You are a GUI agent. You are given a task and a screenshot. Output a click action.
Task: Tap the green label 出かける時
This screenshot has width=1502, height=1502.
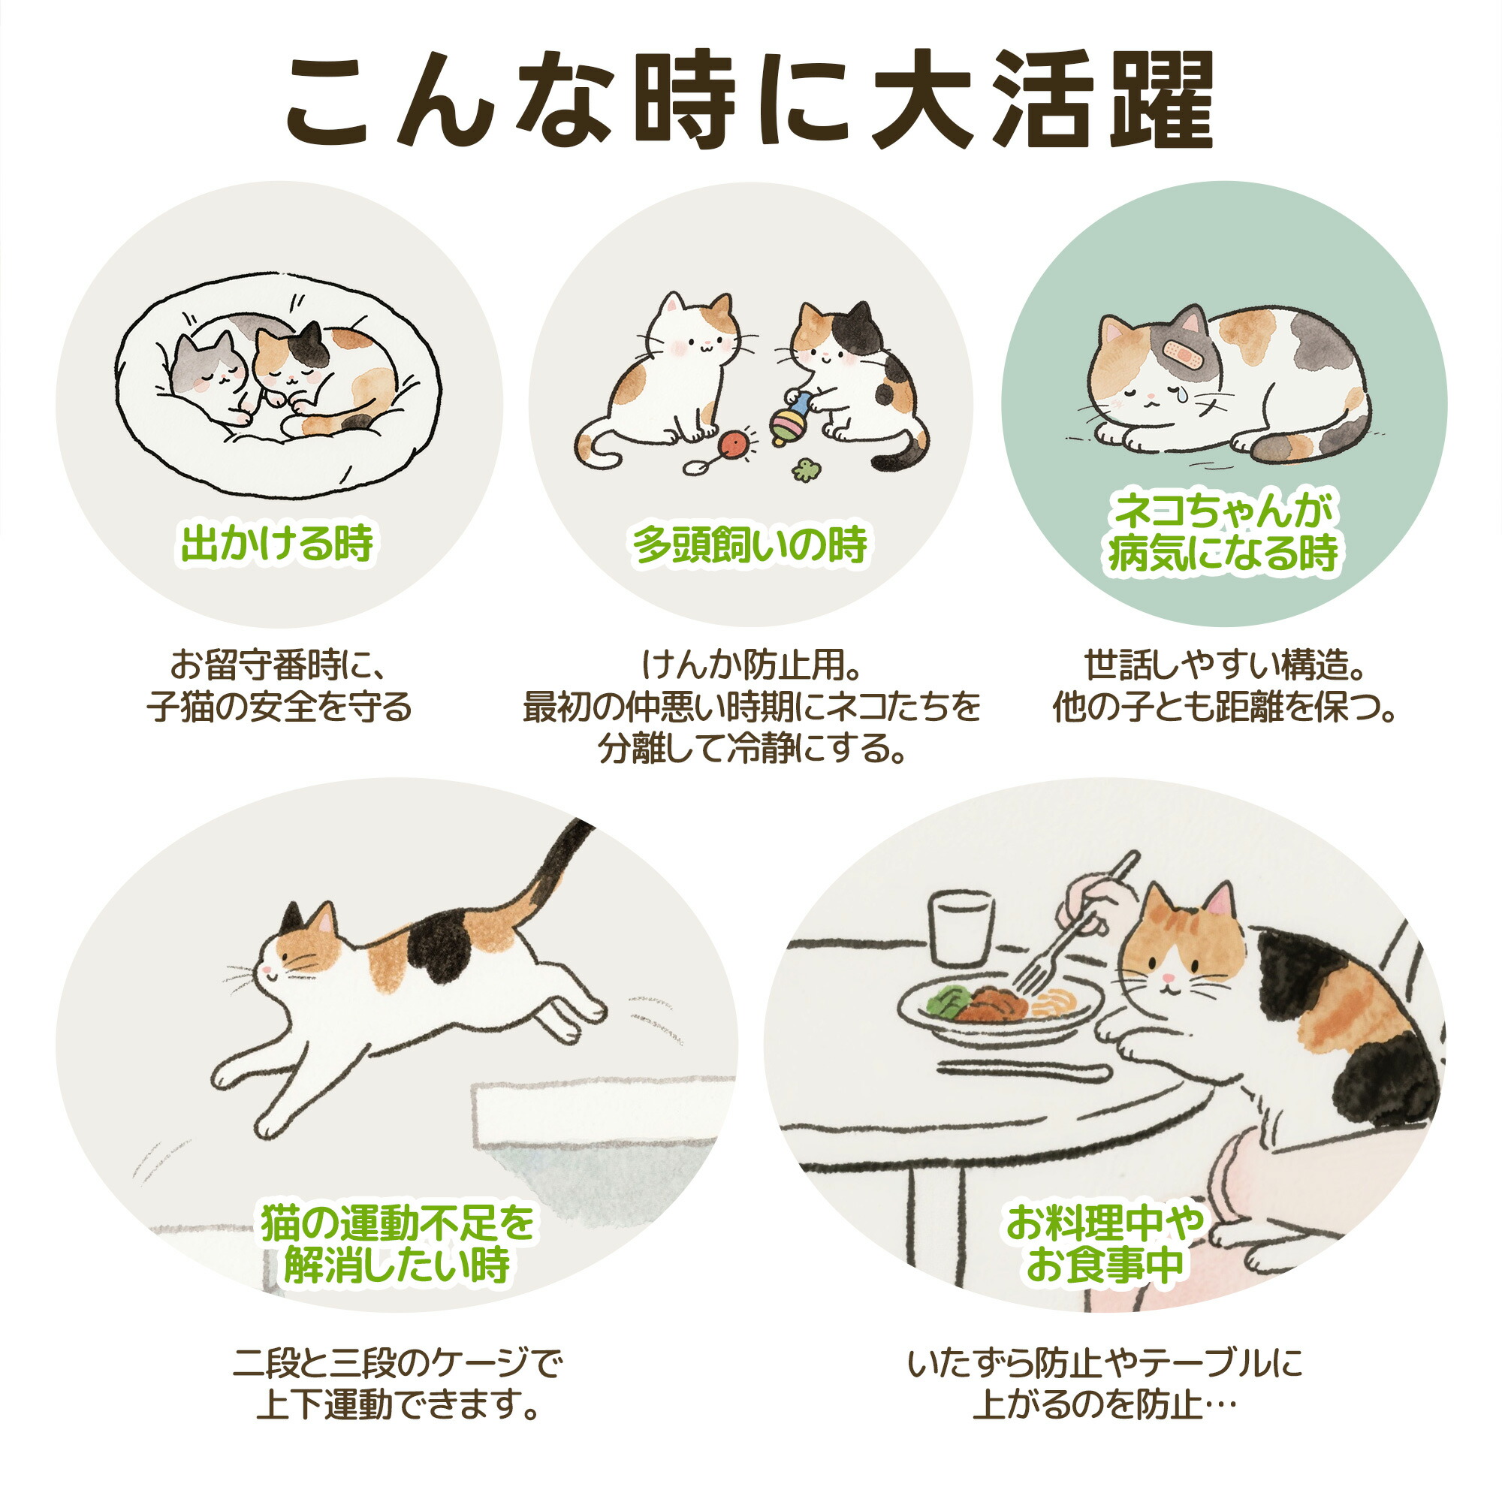(278, 544)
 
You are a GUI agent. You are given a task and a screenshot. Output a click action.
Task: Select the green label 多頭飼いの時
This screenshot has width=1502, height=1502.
(750, 544)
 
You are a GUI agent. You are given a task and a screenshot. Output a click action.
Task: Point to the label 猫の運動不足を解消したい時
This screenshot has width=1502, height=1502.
(397, 1242)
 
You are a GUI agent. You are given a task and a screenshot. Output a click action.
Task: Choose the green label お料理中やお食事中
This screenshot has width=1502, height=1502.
(1105, 1242)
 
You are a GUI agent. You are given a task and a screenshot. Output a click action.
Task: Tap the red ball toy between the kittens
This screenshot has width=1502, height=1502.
(734, 444)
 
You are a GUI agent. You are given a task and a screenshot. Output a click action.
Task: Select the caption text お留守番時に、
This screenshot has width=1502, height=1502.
(279, 666)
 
